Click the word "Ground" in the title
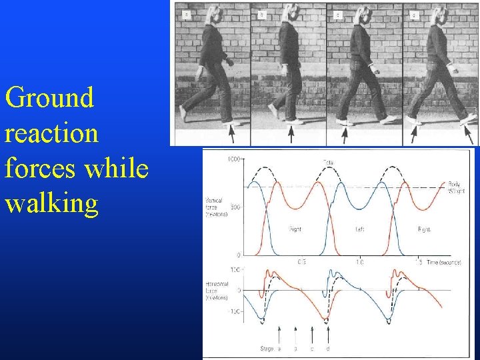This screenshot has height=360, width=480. [x=49, y=98]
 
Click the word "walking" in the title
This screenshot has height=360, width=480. [x=51, y=203]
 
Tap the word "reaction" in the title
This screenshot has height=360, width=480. [x=51, y=133]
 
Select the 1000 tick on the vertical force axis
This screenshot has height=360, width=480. [x=234, y=159]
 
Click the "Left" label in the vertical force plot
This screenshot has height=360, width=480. [x=360, y=229]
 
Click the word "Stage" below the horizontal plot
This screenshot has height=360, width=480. [x=266, y=349]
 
